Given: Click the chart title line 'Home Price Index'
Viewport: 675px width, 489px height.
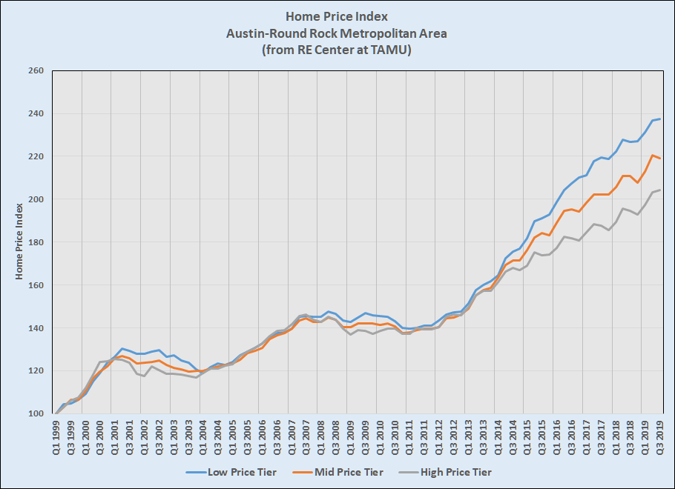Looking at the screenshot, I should (x=337, y=16).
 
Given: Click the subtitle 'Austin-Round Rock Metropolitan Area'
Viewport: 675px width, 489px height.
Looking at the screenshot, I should (x=337, y=33).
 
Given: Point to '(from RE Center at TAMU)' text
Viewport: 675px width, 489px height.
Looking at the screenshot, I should (x=337, y=50).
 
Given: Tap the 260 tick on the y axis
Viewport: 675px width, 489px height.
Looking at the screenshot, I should (x=36, y=71).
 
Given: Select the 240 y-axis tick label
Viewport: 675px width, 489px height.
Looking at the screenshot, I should (x=36, y=114).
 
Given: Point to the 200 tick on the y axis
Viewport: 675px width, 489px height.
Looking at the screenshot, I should (x=36, y=200).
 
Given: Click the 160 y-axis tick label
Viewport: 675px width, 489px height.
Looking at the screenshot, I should (x=36, y=285).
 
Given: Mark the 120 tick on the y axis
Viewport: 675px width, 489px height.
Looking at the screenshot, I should (x=36, y=371).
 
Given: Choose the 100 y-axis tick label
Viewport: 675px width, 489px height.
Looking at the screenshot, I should (x=36, y=414).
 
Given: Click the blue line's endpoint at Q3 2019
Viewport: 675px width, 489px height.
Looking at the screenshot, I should (x=660, y=119).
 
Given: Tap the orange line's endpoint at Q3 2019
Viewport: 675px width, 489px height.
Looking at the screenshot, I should (x=660, y=159).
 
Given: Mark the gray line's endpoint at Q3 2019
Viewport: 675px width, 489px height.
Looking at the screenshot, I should (x=660, y=190).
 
